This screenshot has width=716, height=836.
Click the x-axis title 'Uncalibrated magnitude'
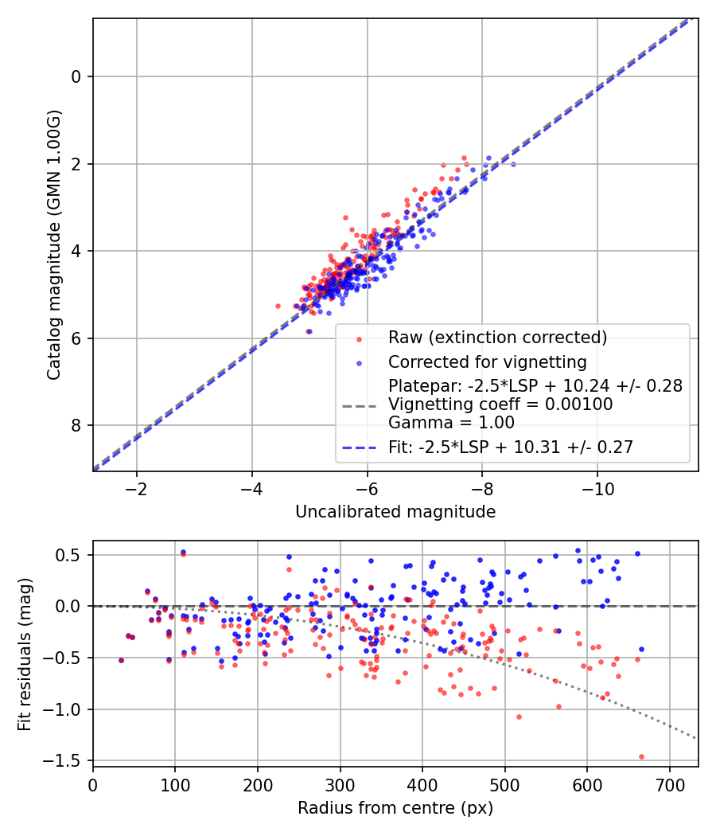tap(395, 511)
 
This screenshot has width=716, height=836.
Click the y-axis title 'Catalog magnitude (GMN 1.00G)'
tap(53, 245)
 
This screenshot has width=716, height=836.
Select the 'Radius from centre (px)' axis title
tap(395, 808)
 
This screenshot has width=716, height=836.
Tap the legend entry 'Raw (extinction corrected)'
tap(497, 338)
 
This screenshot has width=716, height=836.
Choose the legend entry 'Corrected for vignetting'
tap(487, 363)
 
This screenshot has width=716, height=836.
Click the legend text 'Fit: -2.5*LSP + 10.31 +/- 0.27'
tap(510, 447)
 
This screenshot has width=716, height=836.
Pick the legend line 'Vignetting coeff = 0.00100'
tap(500, 404)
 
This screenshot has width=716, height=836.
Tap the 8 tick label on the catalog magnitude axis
tap(76, 425)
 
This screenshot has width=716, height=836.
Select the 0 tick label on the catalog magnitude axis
tap(76, 77)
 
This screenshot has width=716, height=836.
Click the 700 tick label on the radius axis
tap(669, 784)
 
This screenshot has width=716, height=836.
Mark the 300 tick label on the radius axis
tap(340, 784)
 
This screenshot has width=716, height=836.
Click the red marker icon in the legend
tap(359, 338)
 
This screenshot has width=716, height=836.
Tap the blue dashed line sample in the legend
tap(359, 448)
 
